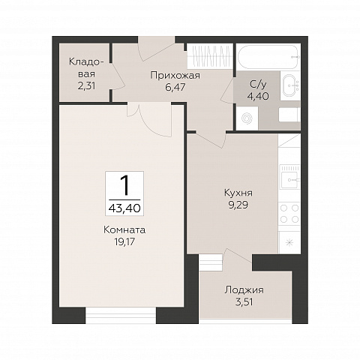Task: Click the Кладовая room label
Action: tap(86, 67)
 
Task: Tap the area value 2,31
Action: tap(86, 86)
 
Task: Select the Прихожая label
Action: tap(175, 75)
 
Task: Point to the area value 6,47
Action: tap(175, 87)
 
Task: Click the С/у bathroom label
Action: tap(258, 85)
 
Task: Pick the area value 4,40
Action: tap(258, 96)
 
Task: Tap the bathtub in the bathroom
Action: tap(268, 57)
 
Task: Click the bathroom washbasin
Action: tap(291, 85)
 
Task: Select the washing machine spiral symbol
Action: tap(247, 118)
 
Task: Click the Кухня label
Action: tap(238, 193)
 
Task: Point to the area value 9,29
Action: tap(238, 205)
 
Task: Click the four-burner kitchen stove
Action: tap(289, 214)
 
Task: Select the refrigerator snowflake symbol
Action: tap(289, 242)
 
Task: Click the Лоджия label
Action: tap(244, 290)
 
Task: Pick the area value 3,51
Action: tap(244, 302)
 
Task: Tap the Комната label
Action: tap(124, 229)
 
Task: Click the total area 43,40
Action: tap(124, 208)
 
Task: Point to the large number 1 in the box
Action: tap(125, 185)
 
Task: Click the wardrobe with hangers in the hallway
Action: tap(210, 56)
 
